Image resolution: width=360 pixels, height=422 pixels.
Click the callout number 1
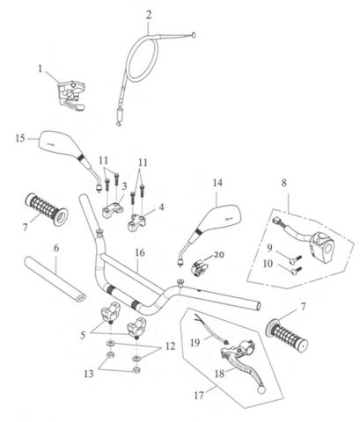pos(40,68)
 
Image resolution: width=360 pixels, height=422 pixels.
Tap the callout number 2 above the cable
pos(149,13)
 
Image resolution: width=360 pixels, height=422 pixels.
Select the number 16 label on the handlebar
pos(138,251)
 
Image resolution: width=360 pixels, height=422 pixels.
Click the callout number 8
pos(283,183)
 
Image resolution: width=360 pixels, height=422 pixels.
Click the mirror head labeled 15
pos(59,142)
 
